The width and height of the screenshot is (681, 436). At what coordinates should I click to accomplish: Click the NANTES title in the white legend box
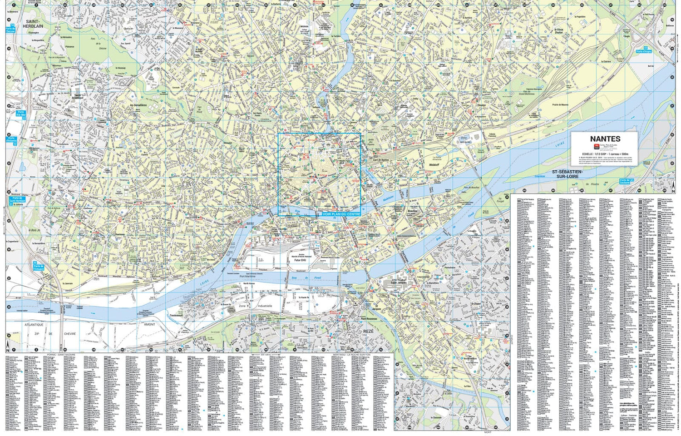tap(605, 139)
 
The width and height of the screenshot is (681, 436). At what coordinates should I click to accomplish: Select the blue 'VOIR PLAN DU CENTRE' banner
tap(341, 214)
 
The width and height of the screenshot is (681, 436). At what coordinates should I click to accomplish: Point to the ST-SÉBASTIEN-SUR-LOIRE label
tap(567, 174)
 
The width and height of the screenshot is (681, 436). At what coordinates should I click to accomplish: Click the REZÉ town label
tap(368, 332)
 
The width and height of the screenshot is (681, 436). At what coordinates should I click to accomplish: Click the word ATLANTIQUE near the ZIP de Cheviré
tap(34, 325)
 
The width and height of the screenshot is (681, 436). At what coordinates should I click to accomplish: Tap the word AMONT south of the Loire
tap(149, 324)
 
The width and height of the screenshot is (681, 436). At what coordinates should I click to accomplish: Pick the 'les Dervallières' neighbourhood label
tap(138, 105)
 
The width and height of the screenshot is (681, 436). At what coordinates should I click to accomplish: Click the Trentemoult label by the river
tap(176, 315)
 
